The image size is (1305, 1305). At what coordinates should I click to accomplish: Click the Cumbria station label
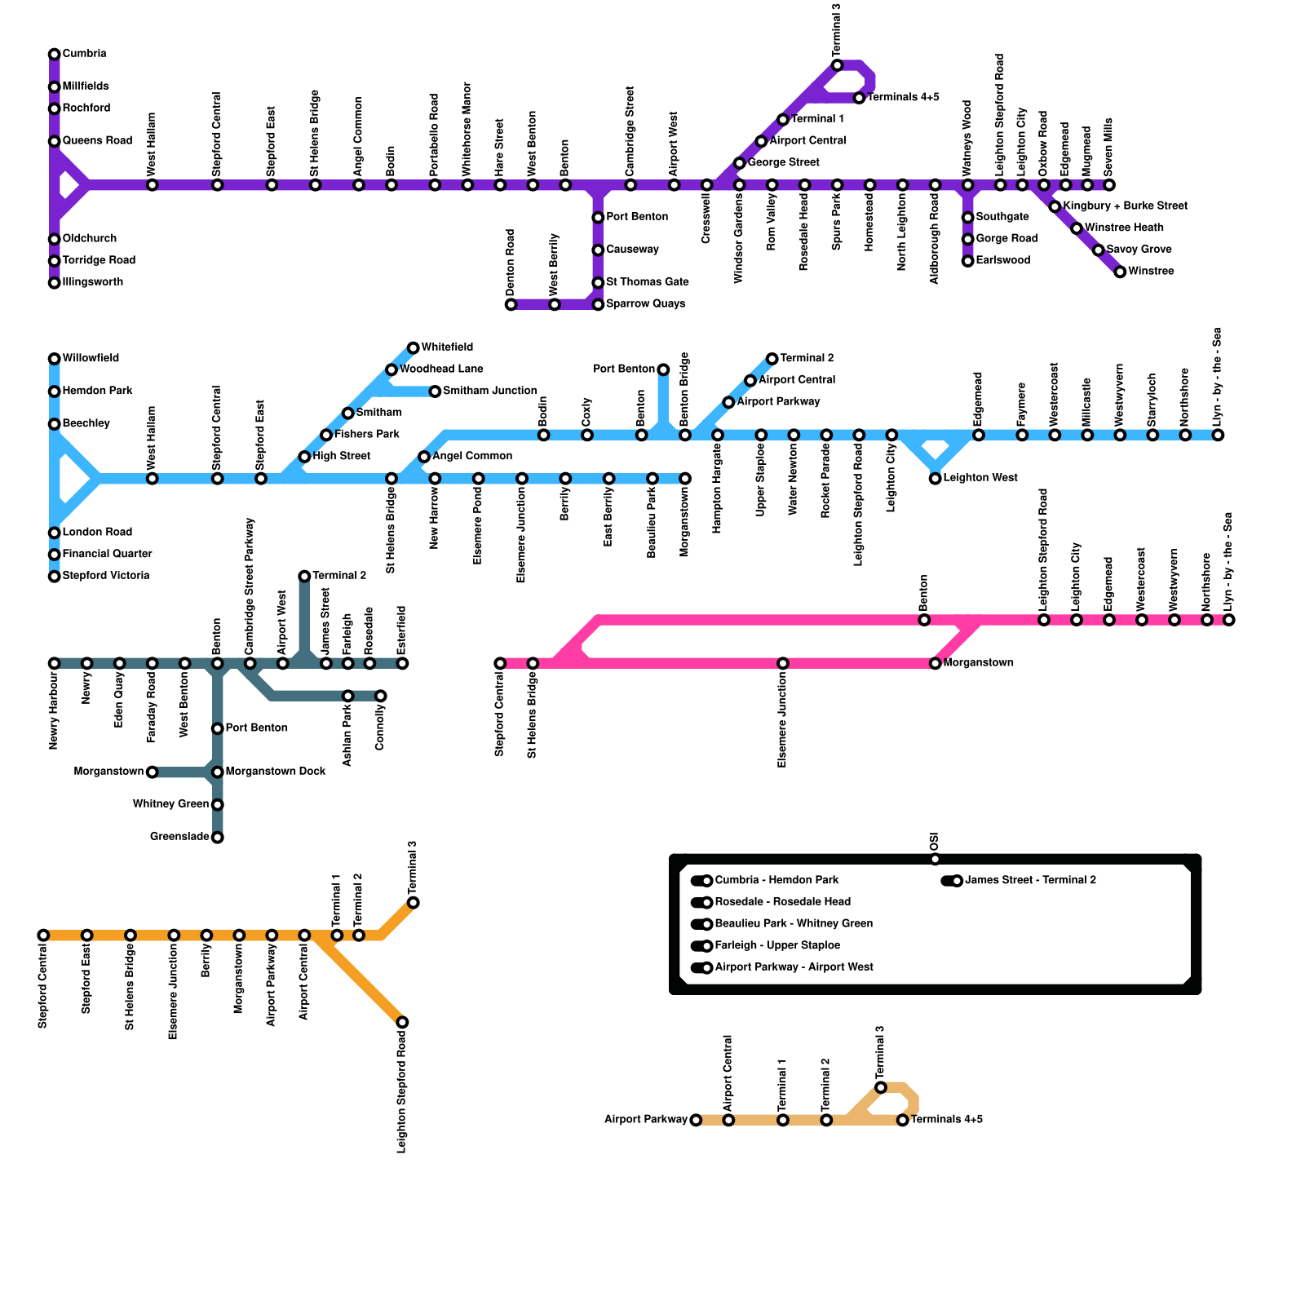click(84, 54)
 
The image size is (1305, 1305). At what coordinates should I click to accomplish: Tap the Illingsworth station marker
click(55, 283)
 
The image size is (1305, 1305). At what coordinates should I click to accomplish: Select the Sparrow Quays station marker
click(598, 304)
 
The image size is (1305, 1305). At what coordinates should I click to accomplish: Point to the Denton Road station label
click(511, 263)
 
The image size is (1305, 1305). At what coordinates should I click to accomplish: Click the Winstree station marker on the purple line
click(1120, 272)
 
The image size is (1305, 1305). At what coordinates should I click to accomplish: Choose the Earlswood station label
click(1002, 260)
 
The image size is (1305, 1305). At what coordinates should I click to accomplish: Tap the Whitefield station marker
click(414, 348)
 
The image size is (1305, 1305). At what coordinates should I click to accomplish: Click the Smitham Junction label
click(489, 391)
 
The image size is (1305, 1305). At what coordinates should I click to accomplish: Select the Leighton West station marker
click(935, 479)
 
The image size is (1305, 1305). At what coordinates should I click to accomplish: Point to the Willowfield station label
click(91, 358)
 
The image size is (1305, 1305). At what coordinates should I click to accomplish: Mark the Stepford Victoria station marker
click(55, 577)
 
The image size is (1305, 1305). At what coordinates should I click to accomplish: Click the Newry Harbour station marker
click(55, 663)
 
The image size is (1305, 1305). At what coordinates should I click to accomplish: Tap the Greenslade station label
click(179, 837)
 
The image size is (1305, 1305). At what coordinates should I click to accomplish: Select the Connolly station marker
click(381, 696)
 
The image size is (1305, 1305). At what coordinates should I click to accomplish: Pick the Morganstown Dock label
click(275, 771)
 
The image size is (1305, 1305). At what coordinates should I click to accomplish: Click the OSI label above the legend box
click(935, 842)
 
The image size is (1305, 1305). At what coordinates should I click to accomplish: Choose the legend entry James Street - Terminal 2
click(1030, 880)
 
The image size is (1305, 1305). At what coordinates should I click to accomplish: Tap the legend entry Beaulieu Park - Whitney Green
click(793, 924)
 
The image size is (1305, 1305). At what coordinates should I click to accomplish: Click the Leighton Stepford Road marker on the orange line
click(402, 1022)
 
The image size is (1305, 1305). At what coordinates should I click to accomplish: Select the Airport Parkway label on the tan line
click(646, 1120)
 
